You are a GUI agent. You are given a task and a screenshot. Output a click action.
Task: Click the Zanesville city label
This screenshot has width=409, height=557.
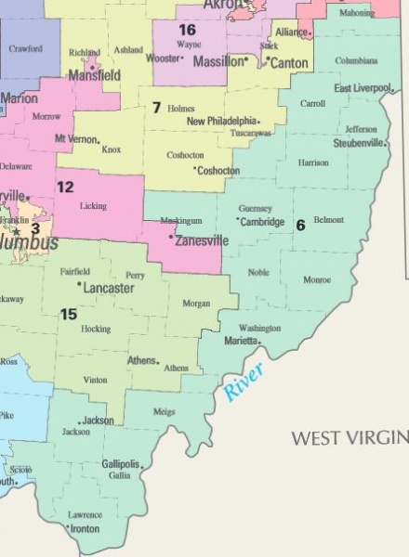tap(202, 240)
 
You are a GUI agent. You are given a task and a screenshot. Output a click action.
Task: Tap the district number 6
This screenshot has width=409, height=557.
tap(300, 226)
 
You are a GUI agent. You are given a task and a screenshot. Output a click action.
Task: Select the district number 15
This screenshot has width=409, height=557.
tap(68, 315)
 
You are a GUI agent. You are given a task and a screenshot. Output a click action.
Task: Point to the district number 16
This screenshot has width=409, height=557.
tap(187, 30)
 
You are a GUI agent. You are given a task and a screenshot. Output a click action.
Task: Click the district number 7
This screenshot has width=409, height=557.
tap(156, 108)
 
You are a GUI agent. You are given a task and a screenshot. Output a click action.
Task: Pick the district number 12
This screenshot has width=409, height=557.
tap(64, 187)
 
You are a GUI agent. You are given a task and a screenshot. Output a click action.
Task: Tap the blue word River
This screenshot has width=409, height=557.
tap(244, 382)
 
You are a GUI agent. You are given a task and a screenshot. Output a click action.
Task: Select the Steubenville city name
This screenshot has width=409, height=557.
tap(360, 144)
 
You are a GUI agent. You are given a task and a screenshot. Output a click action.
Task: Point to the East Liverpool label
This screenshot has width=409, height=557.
tap(363, 88)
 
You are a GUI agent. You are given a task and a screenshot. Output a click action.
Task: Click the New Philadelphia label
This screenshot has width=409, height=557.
tap(221, 122)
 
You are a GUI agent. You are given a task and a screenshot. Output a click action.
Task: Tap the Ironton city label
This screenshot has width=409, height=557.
tap(86, 529)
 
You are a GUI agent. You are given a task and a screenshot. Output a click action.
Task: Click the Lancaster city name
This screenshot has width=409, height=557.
tap(109, 289)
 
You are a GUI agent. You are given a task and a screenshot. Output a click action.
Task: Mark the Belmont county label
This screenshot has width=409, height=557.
tap(329, 220)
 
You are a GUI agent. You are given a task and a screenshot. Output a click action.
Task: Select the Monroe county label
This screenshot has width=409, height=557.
tap(317, 279)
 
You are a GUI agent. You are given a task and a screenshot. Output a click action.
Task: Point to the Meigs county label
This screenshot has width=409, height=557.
tap(164, 411)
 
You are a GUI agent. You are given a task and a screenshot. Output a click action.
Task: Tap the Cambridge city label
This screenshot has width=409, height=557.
tap(261, 222)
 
